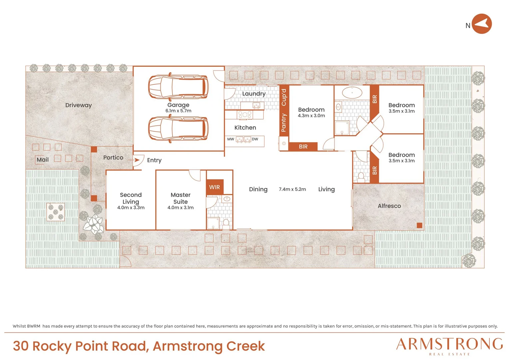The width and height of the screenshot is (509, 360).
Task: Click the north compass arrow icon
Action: (481, 24)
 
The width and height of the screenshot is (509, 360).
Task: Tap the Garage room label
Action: (178, 105)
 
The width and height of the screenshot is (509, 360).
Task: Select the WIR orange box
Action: (215, 187)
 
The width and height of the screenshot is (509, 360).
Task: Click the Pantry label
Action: (283, 123)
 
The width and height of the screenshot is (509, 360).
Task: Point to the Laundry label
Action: (254, 94)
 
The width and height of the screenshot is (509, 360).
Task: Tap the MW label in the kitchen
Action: (231, 139)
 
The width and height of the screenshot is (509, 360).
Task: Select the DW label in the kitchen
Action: (255, 139)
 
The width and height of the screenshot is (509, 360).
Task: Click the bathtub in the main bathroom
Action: (352, 92)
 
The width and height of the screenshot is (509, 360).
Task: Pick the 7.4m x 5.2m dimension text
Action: (292, 189)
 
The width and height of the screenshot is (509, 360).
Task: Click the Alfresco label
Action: (389, 206)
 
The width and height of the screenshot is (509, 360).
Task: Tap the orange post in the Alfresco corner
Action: (419, 225)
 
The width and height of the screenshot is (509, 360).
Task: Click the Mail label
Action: (43, 160)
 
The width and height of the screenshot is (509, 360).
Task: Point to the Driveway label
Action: (78, 105)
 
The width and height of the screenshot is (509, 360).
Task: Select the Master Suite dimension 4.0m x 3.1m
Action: (181, 207)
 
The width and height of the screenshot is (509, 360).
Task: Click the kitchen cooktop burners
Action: (245, 115)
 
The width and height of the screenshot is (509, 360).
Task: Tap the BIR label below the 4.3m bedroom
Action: (303, 147)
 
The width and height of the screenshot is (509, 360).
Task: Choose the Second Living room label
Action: (131, 198)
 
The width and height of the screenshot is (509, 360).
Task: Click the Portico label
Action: (113, 157)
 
